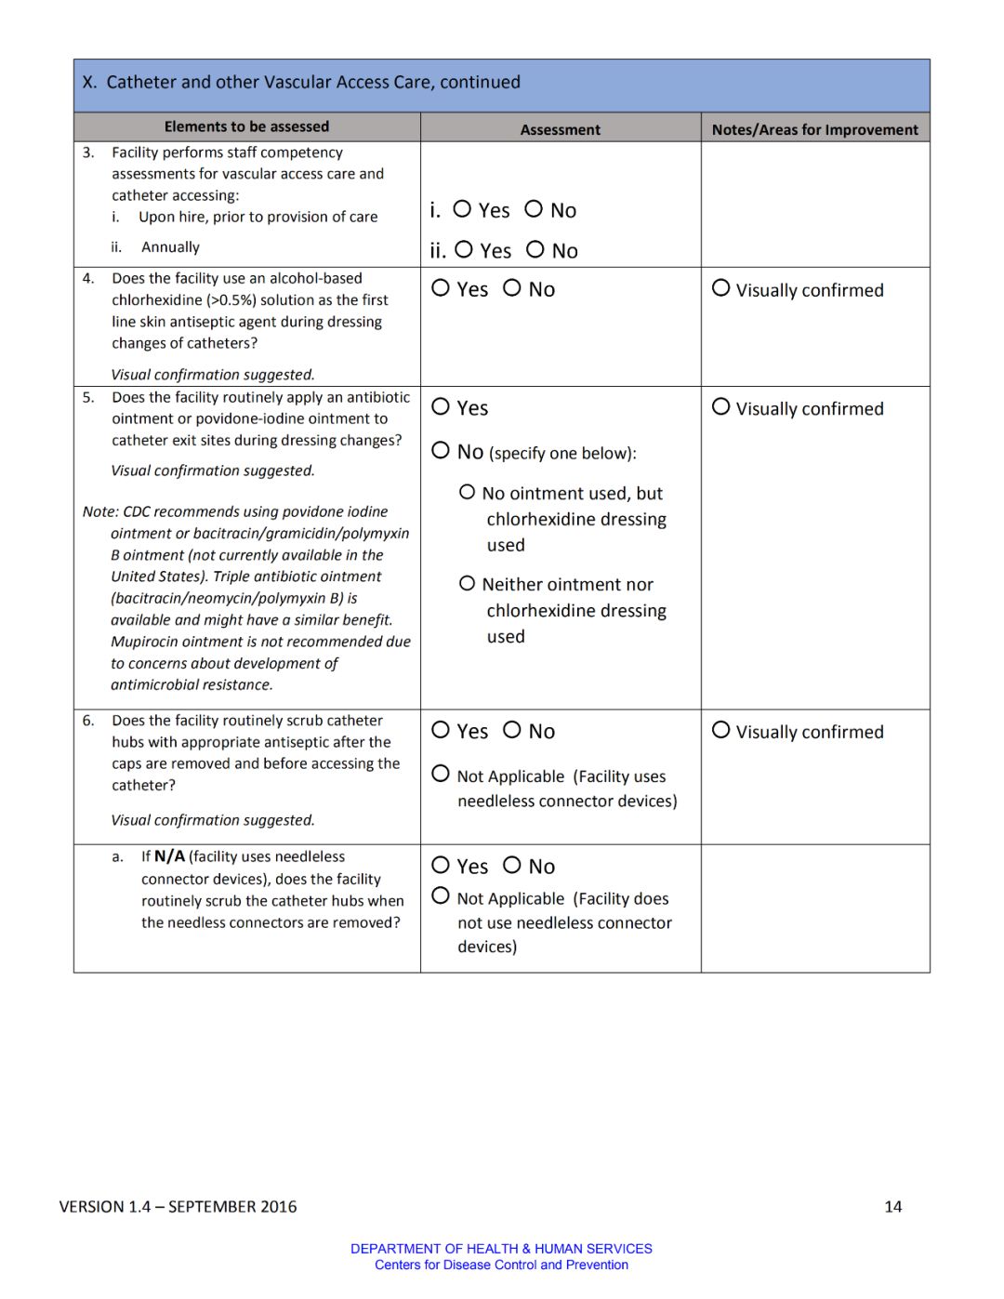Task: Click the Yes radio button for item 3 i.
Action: pyautogui.click(x=462, y=209)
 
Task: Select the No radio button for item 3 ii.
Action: pyautogui.click(x=535, y=249)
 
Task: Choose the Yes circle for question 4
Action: pyautogui.click(x=441, y=288)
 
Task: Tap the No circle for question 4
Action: pyautogui.click(x=512, y=288)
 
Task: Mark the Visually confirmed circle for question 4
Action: pyautogui.click(x=720, y=288)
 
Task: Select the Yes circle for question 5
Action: pyautogui.click(x=441, y=406)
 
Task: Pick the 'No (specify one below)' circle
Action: pyautogui.click(x=441, y=450)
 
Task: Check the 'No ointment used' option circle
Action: pyautogui.click(x=468, y=492)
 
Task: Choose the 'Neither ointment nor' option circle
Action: pyautogui.click(x=468, y=583)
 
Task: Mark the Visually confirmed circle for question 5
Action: pyautogui.click(x=720, y=406)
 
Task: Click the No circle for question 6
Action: pyautogui.click(x=512, y=730)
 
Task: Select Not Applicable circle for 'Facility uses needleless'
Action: pyautogui.click(x=441, y=774)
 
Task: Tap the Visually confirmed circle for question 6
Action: pyautogui.click(x=720, y=730)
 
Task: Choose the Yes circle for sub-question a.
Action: pyautogui.click(x=441, y=865)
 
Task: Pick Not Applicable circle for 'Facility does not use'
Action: pyautogui.click(x=441, y=896)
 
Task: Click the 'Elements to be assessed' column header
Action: pyautogui.click(x=246, y=126)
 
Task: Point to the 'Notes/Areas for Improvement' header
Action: pyautogui.click(x=814, y=130)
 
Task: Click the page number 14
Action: pyautogui.click(x=892, y=1207)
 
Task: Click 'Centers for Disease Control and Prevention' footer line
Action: pyautogui.click(x=501, y=1265)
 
